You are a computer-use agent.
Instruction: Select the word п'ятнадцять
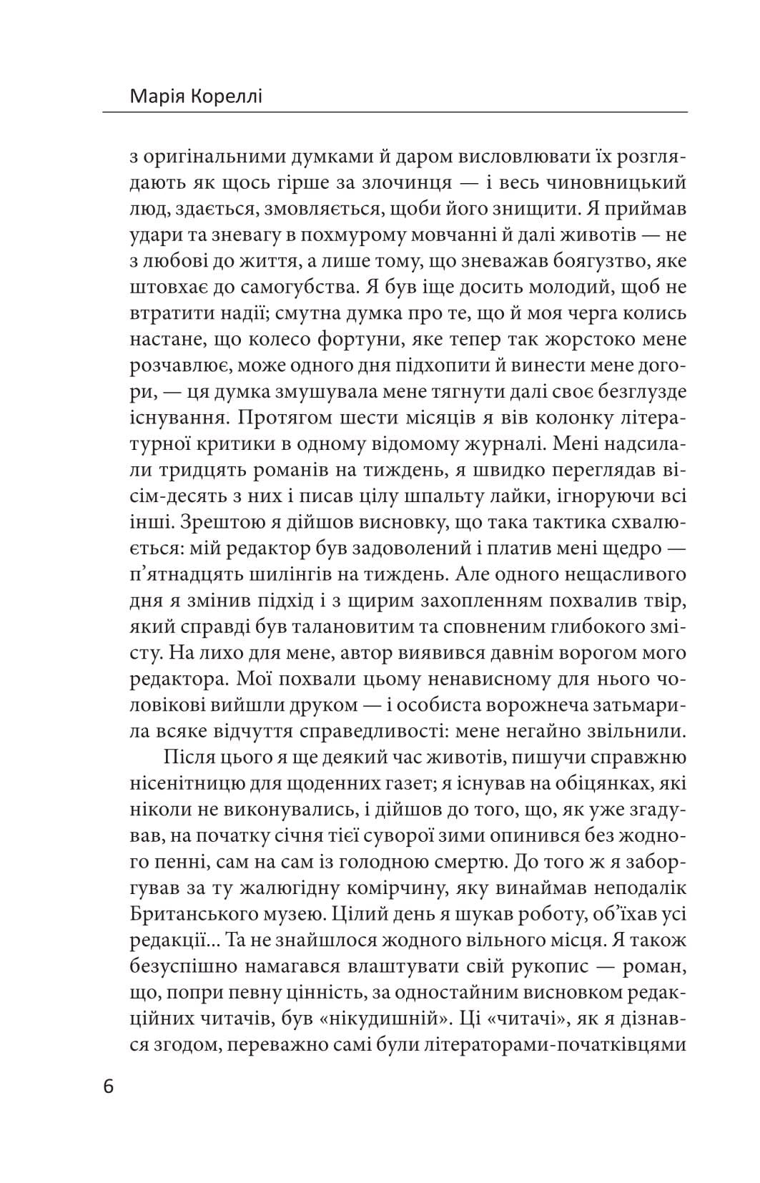tap(194, 575)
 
